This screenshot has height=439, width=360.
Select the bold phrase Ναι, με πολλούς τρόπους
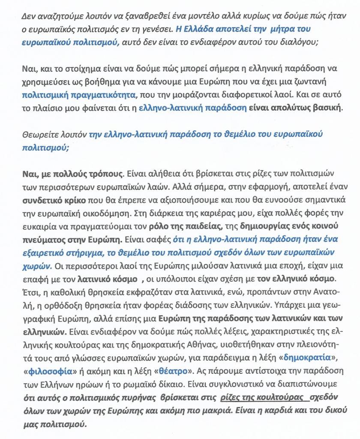tap(72, 174)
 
